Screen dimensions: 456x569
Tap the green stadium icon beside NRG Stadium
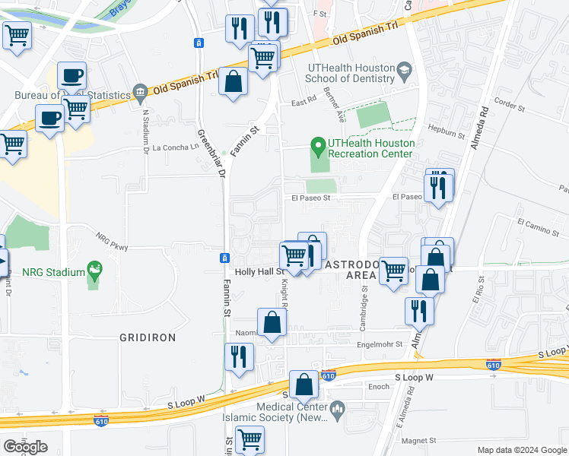coord(94,269)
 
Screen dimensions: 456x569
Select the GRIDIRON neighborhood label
coord(148,337)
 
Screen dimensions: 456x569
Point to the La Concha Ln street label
coord(175,147)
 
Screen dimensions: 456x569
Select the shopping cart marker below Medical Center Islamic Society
coord(249,439)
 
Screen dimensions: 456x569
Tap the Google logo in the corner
coord(25,447)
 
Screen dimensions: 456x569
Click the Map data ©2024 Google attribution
coord(521,450)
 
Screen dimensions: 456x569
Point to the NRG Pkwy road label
coord(112,240)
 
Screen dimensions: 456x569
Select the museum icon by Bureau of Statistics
coord(139,93)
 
